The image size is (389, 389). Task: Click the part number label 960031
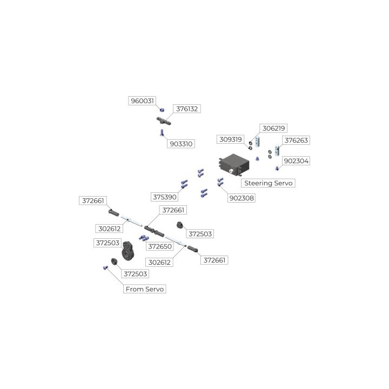[142, 100]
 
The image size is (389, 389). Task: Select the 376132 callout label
[187, 109]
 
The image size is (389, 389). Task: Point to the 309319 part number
[231, 139]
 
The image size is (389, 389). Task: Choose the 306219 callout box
[273, 128]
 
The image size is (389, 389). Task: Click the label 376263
[297, 140]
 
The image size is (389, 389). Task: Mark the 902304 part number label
[297, 160]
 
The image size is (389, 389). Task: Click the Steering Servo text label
[269, 183]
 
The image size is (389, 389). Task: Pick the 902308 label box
[242, 198]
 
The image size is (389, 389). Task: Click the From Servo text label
[145, 289]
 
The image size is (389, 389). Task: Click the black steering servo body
[233, 164]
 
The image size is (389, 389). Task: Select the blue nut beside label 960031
[162, 110]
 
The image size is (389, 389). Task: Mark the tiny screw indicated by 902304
[277, 168]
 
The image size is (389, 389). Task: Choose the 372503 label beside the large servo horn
[107, 243]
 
